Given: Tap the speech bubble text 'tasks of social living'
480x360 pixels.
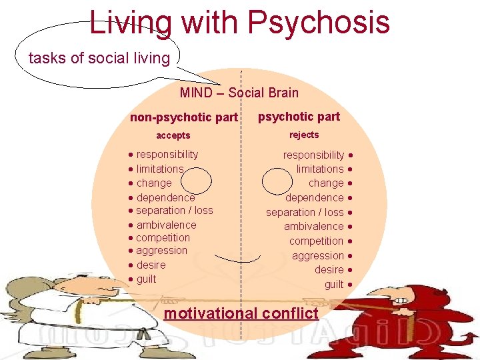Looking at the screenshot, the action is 99,58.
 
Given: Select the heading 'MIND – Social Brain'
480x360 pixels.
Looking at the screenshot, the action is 239,93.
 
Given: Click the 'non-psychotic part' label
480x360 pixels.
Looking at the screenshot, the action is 183,118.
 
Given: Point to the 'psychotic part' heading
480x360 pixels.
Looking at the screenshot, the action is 299,117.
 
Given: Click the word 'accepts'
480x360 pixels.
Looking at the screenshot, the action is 173,136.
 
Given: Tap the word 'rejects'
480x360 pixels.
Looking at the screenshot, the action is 304,135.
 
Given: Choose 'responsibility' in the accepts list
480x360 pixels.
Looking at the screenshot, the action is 167,154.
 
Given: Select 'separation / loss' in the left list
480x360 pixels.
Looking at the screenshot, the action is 175,210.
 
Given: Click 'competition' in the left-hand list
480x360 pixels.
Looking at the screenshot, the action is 163,238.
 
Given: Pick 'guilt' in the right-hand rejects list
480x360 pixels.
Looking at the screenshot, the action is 334,285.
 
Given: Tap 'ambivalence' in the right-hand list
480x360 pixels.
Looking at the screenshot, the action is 314,227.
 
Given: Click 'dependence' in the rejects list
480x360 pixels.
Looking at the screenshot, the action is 315,198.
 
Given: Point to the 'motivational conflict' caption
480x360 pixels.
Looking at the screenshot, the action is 241,313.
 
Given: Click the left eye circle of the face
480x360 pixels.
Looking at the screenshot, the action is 197,180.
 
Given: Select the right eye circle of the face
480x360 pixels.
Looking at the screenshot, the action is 277,181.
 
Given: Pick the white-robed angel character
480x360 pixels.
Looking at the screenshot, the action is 40,313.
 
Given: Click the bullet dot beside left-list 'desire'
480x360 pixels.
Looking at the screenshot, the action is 131,265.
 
